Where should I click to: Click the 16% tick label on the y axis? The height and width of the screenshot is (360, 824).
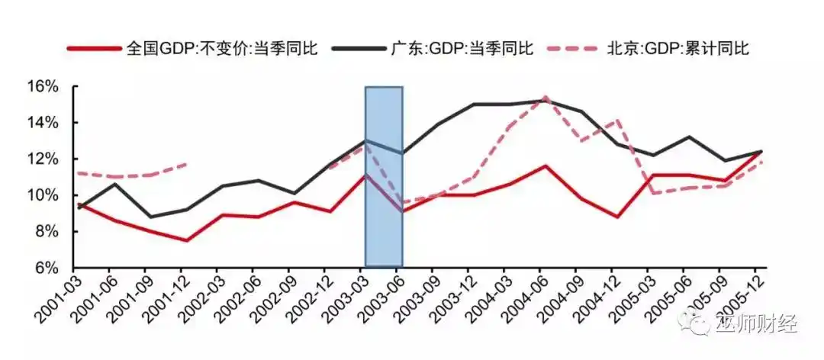tap(43, 86)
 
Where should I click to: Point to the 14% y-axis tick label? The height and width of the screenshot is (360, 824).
tap(43, 123)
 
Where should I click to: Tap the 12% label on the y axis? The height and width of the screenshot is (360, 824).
tap(43, 159)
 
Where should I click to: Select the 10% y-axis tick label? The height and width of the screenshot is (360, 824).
tap(43, 195)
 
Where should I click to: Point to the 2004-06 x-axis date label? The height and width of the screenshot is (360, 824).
tap(522, 298)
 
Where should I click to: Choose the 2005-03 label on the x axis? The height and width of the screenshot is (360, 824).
tap(630, 298)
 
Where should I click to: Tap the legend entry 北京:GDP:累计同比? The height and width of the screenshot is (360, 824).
tap(676, 49)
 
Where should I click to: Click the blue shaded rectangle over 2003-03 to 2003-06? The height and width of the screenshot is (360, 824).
tap(384, 175)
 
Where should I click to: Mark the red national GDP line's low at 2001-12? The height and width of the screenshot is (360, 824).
tap(185, 240)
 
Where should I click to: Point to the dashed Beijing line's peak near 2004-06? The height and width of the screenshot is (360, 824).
tap(545, 98)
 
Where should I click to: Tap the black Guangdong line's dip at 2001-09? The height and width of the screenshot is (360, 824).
tap(150, 217)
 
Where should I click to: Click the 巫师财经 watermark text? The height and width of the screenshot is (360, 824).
tap(755, 324)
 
